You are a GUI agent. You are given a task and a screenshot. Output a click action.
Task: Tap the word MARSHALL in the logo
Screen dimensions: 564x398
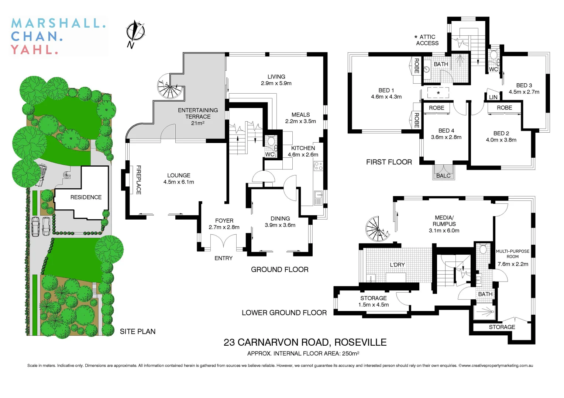point(58,23)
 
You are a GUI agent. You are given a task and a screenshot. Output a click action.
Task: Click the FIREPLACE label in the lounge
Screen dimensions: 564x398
point(139,180)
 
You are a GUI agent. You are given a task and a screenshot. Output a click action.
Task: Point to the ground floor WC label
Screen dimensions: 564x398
point(270,154)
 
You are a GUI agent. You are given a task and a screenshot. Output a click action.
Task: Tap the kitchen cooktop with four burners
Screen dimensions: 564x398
point(318,166)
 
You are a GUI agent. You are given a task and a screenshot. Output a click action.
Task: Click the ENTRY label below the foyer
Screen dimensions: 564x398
point(223,258)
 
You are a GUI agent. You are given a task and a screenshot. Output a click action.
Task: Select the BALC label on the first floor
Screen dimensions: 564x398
point(443,176)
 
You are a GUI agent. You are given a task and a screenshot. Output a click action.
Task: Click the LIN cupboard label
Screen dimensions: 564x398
point(493,97)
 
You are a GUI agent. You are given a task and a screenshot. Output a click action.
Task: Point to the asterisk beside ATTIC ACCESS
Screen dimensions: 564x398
point(416,37)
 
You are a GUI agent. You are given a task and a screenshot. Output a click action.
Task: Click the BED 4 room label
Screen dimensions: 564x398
point(446,131)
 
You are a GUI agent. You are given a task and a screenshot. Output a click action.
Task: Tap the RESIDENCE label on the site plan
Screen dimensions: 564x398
point(86,197)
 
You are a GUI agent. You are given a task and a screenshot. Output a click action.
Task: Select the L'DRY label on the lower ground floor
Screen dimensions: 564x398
point(397,265)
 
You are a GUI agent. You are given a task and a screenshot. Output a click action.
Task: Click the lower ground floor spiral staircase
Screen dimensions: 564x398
point(377,229)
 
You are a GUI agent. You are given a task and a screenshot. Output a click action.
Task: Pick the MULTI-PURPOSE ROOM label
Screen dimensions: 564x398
point(512,254)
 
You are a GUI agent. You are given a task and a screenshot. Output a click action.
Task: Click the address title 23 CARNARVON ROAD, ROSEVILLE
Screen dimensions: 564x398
point(305,342)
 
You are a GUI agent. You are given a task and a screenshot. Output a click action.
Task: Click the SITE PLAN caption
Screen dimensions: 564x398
point(137,332)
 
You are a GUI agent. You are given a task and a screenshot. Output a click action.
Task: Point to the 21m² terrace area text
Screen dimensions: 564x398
point(197,123)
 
